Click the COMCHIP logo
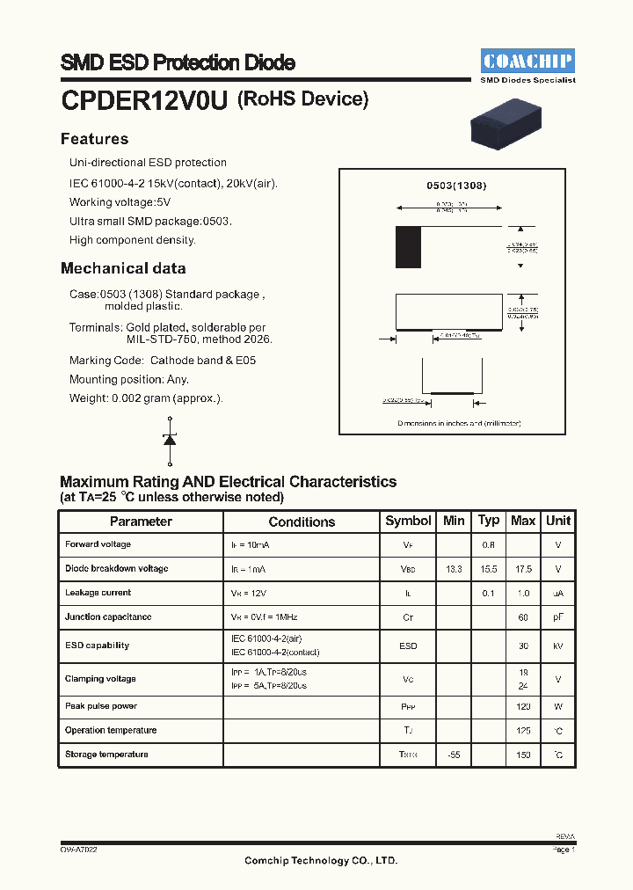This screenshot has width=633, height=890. pyautogui.click(x=527, y=62)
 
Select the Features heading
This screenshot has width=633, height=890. pyautogui.click(x=94, y=139)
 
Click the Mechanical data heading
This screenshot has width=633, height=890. pyautogui.click(x=123, y=268)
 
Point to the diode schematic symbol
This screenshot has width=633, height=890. pyautogui.click(x=170, y=440)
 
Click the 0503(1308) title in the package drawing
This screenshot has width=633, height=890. pyautogui.click(x=456, y=186)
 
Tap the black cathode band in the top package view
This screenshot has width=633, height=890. pyautogui.click(x=408, y=247)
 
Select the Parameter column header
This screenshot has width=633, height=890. pyautogui.click(x=141, y=522)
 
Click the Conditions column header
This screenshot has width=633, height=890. pyautogui.click(x=302, y=522)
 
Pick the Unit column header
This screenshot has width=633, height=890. pyautogui.click(x=558, y=521)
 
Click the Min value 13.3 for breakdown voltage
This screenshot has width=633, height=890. pyautogui.click(x=454, y=569)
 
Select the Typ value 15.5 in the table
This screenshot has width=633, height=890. pyautogui.click(x=489, y=569)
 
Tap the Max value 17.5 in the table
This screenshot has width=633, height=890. pyautogui.click(x=523, y=569)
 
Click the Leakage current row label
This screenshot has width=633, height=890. pyautogui.click(x=98, y=593)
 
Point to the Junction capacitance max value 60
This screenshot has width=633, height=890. pyautogui.click(x=523, y=617)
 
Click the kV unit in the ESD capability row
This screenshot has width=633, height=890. pyautogui.click(x=558, y=646)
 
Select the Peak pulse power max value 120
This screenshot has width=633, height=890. pyautogui.click(x=523, y=706)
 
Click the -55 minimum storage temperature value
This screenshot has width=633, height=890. pyautogui.click(x=454, y=755)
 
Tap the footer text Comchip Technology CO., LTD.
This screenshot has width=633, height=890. pyautogui.click(x=321, y=861)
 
